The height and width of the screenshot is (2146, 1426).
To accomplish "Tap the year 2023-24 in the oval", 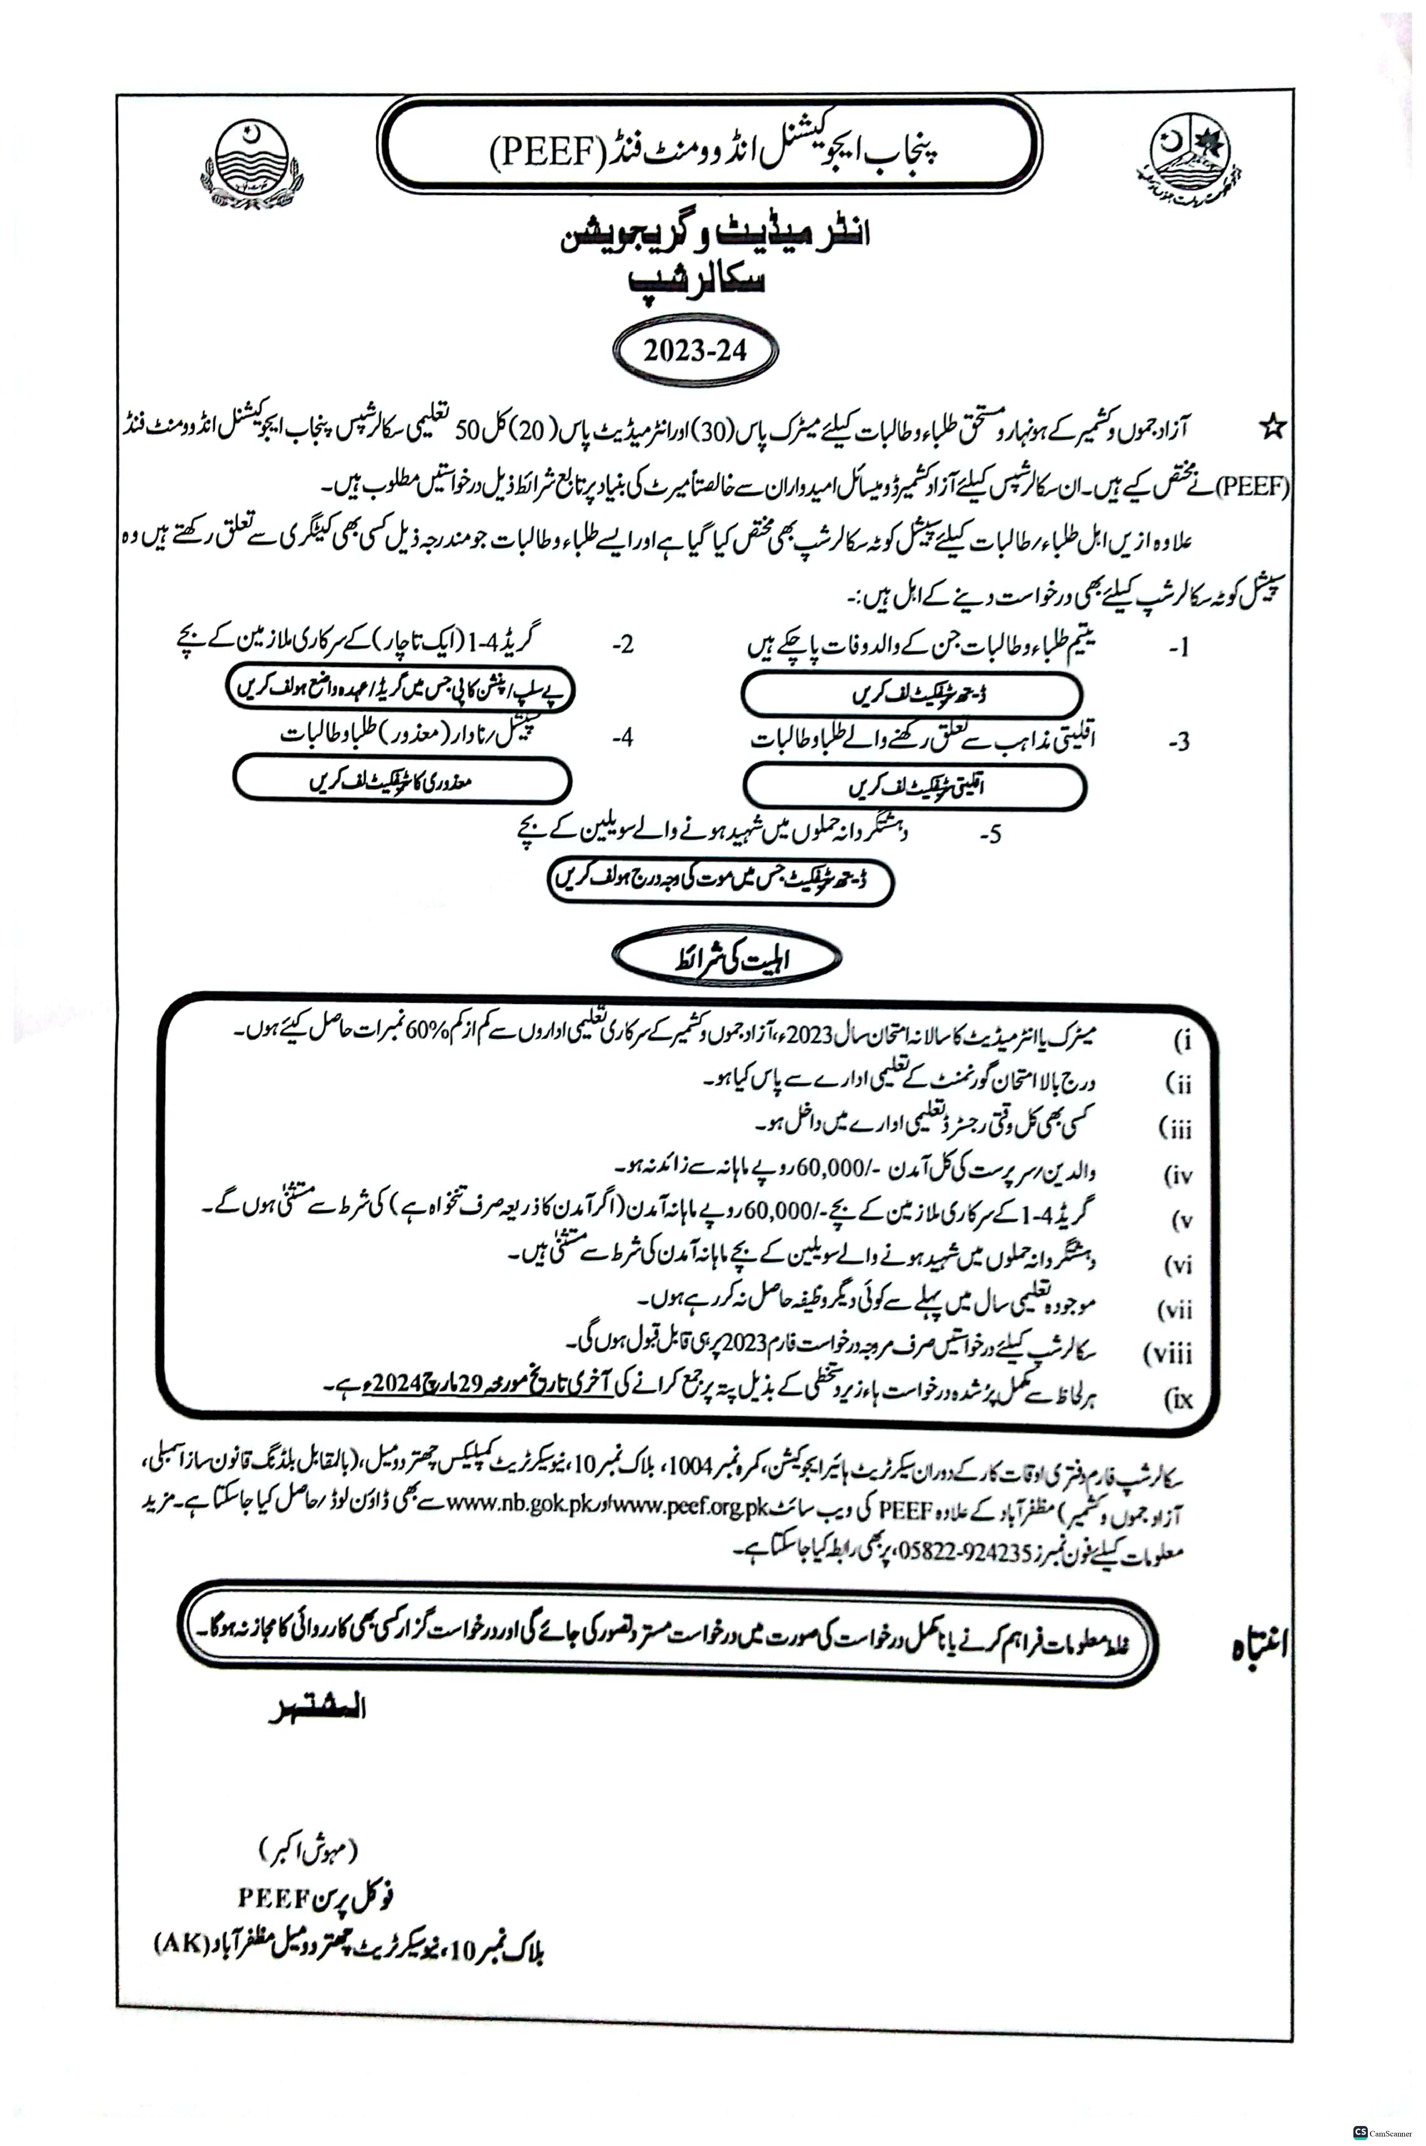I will point(695,351).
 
